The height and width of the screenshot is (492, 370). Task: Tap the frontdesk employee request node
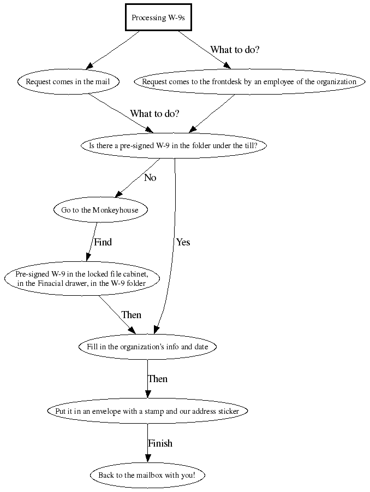[x=249, y=82]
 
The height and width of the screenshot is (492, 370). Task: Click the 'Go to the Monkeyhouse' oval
[x=100, y=210]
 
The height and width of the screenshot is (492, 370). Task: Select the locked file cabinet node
[x=82, y=278]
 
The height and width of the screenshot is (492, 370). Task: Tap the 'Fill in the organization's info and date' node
[x=147, y=347]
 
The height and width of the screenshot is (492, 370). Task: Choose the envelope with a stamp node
[x=147, y=411]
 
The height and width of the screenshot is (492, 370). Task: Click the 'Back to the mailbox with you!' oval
[x=147, y=475]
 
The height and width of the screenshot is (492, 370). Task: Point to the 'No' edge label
[x=150, y=178]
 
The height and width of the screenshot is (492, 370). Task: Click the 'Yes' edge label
[x=183, y=242]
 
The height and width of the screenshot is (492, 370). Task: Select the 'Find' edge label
[x=103, y=242]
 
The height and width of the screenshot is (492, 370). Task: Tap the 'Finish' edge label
[x=160, y=443]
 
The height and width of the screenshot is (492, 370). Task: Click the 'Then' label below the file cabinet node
[x=131, y=315]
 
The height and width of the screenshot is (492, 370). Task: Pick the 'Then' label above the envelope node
[x=157, y=379]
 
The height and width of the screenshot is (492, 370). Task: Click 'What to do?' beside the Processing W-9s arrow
[x=235, y=50]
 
